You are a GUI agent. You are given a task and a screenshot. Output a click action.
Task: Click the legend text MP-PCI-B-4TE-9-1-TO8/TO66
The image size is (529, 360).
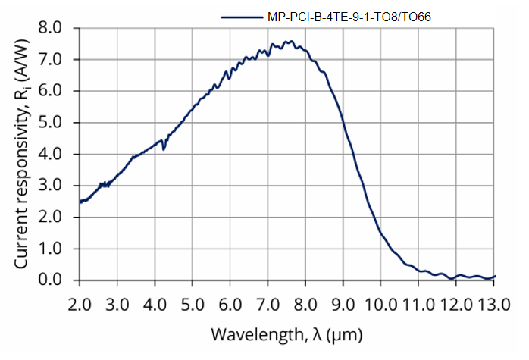349,16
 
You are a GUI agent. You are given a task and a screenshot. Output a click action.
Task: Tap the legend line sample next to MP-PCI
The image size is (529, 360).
243,16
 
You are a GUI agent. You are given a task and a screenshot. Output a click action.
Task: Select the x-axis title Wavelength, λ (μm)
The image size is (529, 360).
286,333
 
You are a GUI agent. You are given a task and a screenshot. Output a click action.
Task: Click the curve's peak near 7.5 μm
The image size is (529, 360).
289,42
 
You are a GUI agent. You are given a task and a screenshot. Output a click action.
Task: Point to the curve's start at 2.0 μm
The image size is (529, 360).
80,202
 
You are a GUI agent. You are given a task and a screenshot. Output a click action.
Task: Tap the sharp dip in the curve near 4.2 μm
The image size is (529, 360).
163,149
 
